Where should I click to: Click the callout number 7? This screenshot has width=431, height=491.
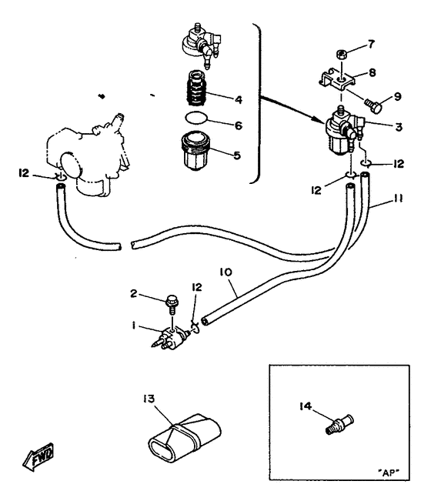371,44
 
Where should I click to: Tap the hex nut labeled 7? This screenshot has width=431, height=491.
341,55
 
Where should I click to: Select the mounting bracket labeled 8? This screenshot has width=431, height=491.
338,79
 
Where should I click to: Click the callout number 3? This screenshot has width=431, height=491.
399,127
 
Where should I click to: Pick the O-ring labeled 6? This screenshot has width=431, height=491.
196,119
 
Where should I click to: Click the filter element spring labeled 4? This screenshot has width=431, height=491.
195,89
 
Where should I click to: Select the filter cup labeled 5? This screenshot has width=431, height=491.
195,151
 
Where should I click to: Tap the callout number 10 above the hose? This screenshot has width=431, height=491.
226,272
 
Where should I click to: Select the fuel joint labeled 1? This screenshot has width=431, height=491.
170,338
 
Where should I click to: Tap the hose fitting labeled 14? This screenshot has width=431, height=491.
339,424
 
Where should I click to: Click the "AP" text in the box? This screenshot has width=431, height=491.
389,473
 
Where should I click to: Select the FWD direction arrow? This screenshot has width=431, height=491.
38,457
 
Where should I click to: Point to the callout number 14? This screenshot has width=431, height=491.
305,406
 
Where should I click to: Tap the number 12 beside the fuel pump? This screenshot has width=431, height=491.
24,172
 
